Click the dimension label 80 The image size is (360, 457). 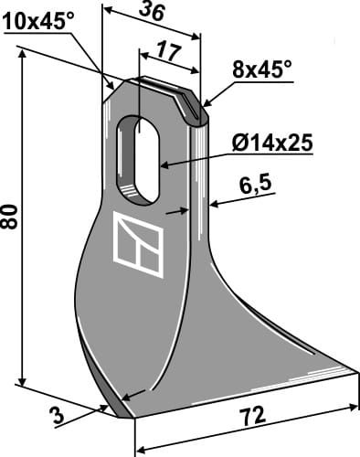pyautogui.click(x=10, y=219)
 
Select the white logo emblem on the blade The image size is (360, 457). pyautogui.click(x=140, y=245)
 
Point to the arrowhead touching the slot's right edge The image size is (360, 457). pyautogui.click(x=164, y=165)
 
